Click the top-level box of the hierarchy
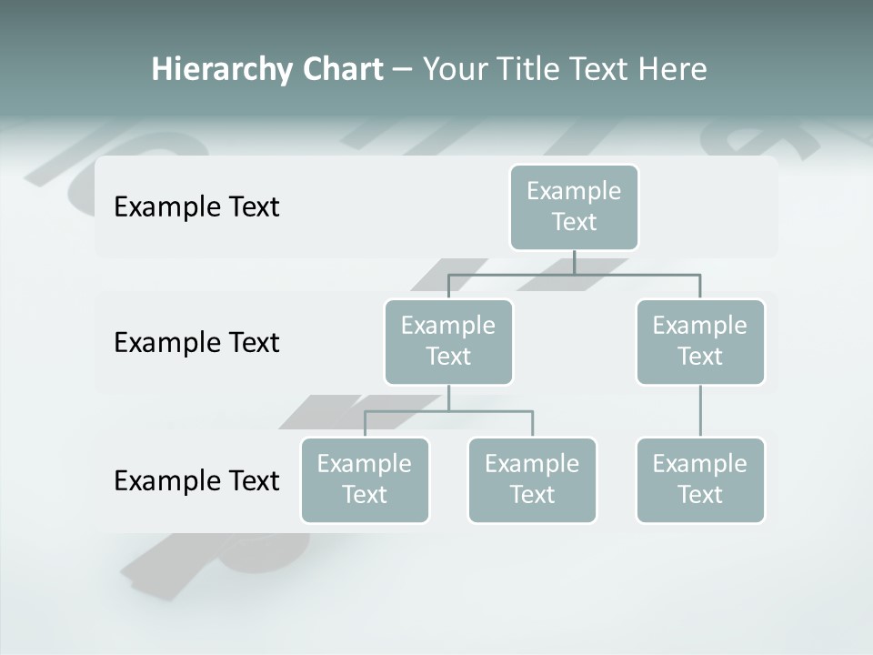(x=574, y=207)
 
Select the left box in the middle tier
(x=448, y=341)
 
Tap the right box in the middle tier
(x=700, y=341)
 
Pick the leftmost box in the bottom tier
(x=365, y=479)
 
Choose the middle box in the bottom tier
(x=532, y=479)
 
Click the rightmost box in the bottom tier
(x=700, y=479)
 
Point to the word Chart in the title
(x=342, y=69)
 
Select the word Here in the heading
(x=675, y=69)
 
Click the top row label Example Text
(x=196, y=207)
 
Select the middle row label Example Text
(x=196, y=342)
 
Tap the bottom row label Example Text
(x=196, y=480)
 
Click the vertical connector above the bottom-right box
(x=700, y=411)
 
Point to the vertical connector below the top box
(x=574, y=262)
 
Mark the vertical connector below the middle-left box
(x=448, y=398)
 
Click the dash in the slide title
(x=403, y=70)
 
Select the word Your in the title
(x=455, y=69)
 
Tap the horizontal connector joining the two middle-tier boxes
(x=637, y=274)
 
